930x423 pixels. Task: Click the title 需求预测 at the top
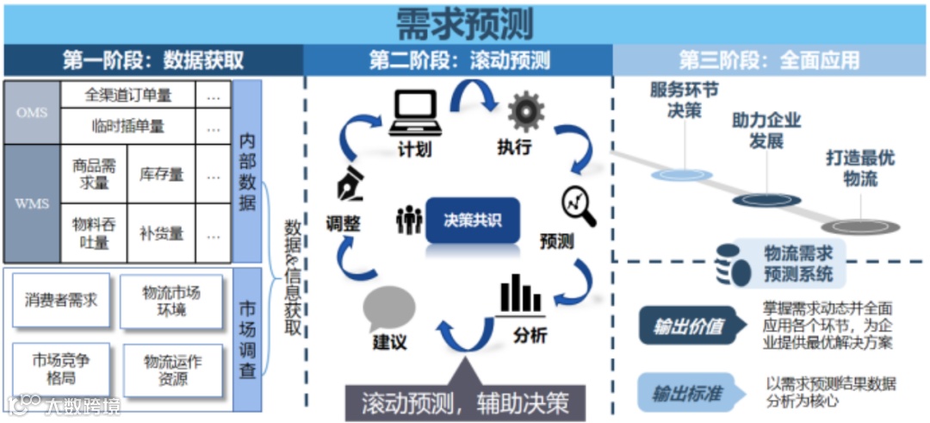[464, 23]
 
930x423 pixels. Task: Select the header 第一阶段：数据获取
[153, 60]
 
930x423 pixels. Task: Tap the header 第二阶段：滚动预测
[459, 60]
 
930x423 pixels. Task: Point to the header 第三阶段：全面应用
[769, 60]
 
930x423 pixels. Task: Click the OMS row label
[32, 113]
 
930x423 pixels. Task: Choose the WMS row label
[32, 204]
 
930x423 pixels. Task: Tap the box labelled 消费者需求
[61, 301]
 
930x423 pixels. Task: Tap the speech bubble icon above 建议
[389, 308]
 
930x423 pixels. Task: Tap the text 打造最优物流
[859, 169]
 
